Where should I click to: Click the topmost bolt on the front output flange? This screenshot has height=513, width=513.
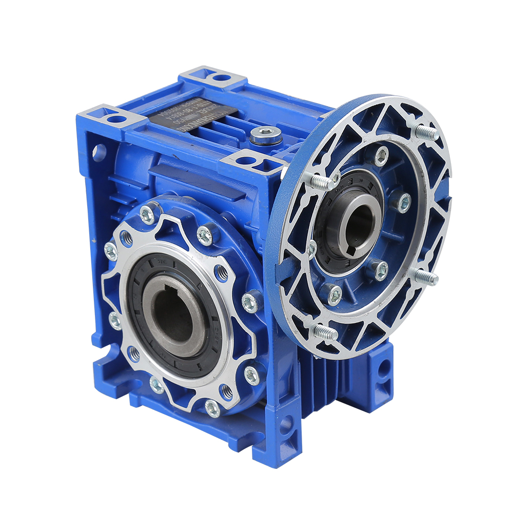pyautogui.click(x=147, y=215)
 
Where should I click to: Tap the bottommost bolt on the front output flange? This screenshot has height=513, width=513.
pyautogui.click(x=212, y=407)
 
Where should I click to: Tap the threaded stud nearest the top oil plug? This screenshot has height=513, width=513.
pyautogui.click(x=320, y=181)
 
